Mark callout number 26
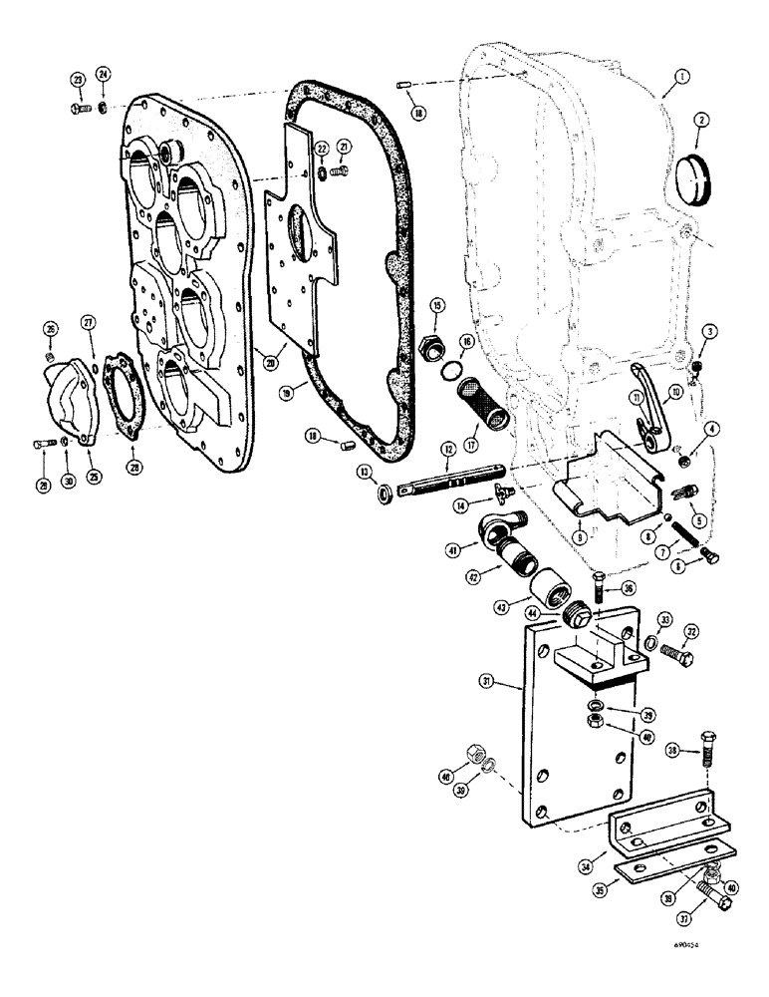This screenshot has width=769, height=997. [x=50, y=330]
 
